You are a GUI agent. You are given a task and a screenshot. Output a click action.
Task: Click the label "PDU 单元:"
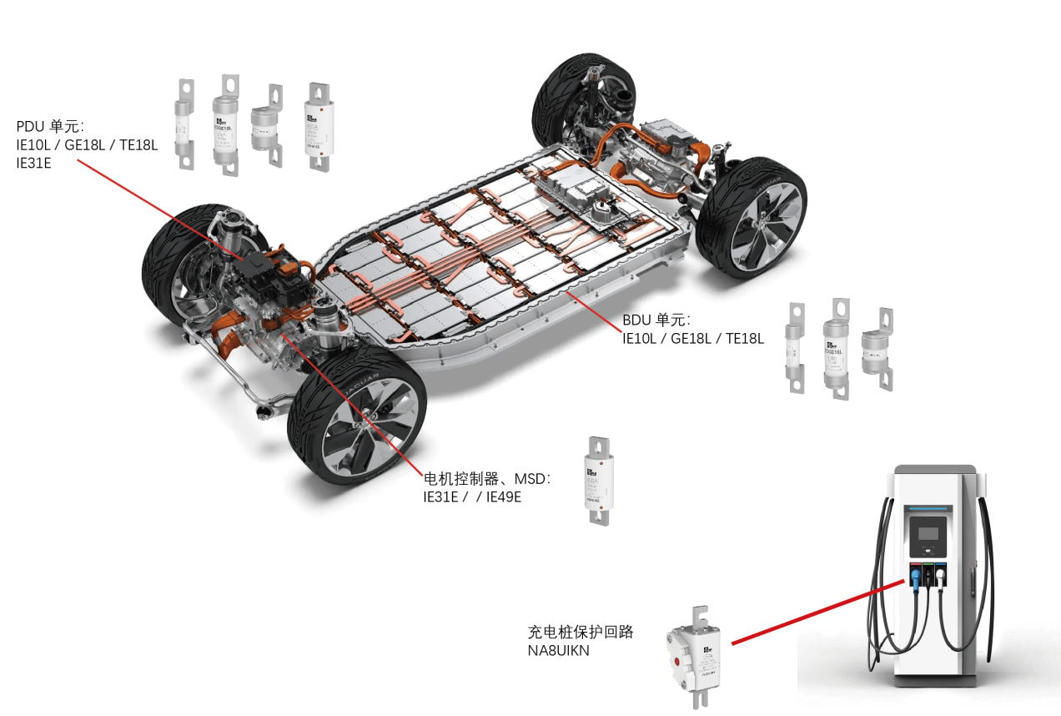tap(50, 127)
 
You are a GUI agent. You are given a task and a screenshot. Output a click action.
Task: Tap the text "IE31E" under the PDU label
tap(33, 164)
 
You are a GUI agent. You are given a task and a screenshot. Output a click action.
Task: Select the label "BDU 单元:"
tap(656, 320)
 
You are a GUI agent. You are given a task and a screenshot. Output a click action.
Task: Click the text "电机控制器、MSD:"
tap(487, 479)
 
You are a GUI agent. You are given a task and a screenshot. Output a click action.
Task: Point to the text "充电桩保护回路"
tap(581, 632)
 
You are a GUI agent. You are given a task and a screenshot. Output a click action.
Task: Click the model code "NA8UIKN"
tap(558, 650)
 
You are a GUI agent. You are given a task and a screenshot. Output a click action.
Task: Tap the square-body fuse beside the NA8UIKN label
tap(694, 655)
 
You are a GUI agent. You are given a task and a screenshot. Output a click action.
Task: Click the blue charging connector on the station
tap(915, 576)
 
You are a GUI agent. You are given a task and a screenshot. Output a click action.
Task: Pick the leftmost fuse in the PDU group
tap(184, 125)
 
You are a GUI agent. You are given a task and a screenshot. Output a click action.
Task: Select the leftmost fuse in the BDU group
tap(795, 348)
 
